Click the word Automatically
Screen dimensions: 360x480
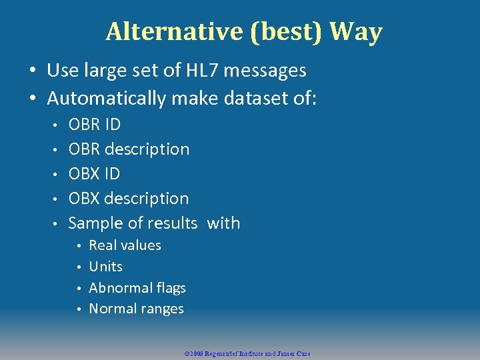pos(107,99)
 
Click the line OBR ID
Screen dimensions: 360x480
pos(95,125)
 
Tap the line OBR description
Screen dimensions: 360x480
pos(129,149)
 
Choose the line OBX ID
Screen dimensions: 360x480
pos(94,174)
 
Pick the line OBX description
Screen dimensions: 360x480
pos(129,199)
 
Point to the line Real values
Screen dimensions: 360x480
pos(125,245)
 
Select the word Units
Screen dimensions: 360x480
pos(105,267)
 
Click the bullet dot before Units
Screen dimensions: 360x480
pos(79,267)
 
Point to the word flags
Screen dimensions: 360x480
pos(171,288)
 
